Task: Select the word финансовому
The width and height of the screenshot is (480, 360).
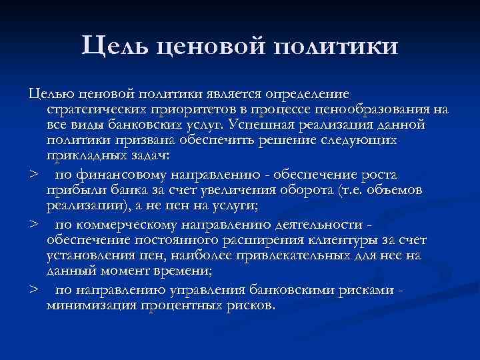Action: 121,174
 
